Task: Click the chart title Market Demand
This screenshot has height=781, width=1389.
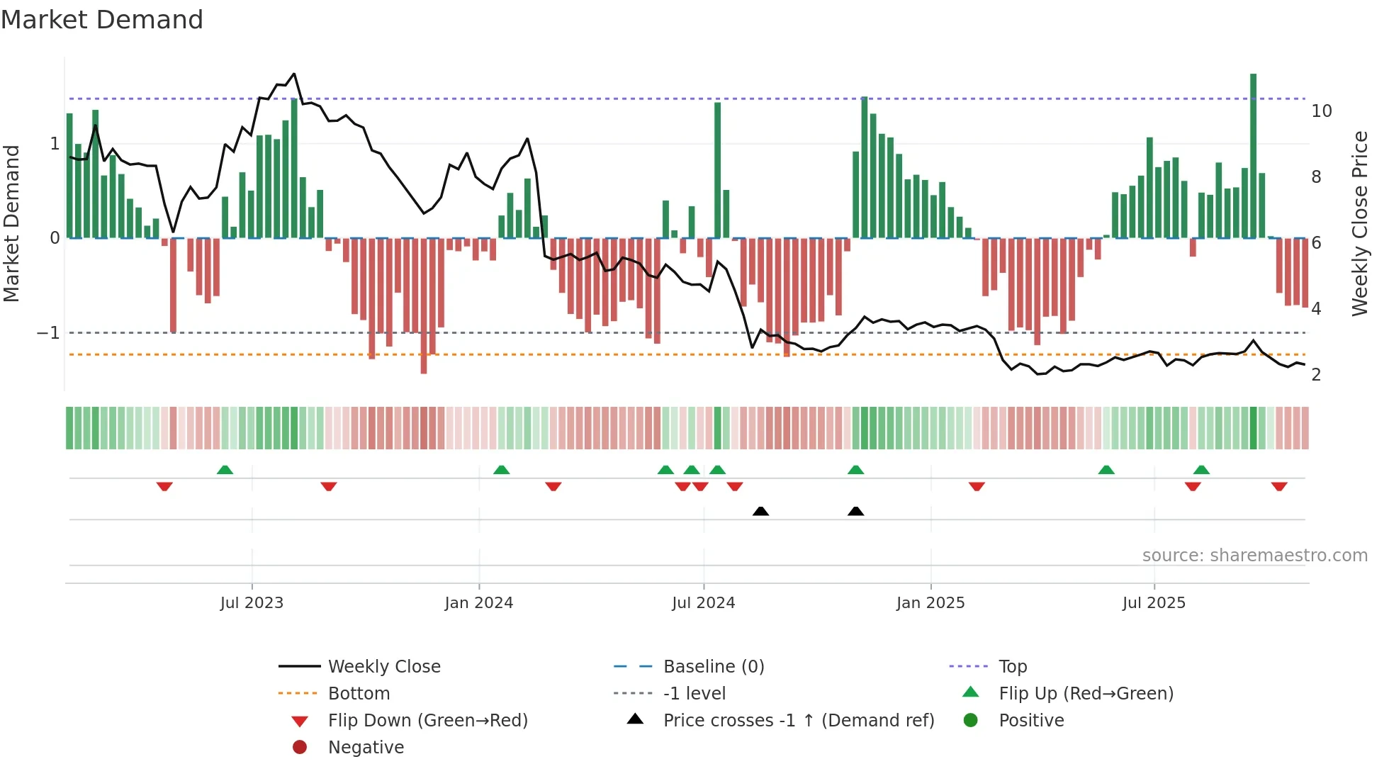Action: pos(102,20)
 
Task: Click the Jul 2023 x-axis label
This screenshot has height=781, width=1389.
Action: pos(252,603)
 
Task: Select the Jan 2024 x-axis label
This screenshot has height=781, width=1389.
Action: pos(478,603)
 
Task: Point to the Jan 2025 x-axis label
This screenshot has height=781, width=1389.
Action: pos(930,603)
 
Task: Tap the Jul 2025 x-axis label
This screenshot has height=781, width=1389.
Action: pos(1154,603)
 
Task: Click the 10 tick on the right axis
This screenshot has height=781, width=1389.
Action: pos(1321,111)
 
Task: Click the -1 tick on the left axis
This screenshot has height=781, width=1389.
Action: pos(48,333)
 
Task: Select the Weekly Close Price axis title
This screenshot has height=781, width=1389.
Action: pos(1359,223)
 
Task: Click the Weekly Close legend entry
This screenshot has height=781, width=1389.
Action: pos(383,667)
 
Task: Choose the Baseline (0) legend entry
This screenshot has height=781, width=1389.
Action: pos(713,667)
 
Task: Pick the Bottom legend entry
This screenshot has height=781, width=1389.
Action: pos(359,694)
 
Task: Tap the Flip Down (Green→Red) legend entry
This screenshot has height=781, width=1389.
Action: pos(427,721)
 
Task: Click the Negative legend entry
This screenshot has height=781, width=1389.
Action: pos(366,748)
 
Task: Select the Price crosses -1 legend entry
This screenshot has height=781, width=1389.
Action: pos(798,721)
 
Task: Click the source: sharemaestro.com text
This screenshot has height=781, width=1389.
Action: pos(1254,556)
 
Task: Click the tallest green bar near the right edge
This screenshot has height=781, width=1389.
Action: pos(1253,156)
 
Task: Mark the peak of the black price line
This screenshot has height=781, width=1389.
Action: pos(294,74)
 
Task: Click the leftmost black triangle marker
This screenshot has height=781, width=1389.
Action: pos(760,511)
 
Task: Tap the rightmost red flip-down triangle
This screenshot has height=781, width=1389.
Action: pos(1279,486)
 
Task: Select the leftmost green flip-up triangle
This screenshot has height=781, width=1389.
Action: pos(225,470)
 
